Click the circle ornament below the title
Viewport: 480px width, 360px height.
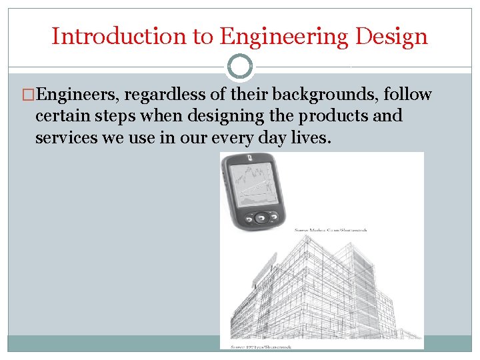click(x=239, y=67)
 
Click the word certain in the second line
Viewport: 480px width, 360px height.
click(x=63, y=116)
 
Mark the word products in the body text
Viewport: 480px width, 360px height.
click(x=329, y=116)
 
